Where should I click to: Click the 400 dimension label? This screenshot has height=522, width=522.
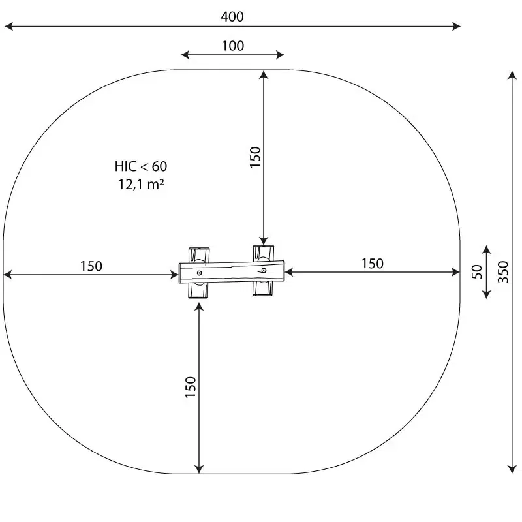tap(232, 17)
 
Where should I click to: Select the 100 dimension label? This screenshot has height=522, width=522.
tap(233, 46)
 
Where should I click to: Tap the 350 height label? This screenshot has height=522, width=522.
tap(503, 272)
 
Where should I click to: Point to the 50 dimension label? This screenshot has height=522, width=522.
tap(477, 271)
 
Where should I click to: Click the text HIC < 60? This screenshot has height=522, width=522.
tap(141, 166)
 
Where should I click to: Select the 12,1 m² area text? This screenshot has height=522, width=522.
tap(141, 184)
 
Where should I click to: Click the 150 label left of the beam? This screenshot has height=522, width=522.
tap(91, 266)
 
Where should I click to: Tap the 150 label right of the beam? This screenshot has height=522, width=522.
tap(373, 264)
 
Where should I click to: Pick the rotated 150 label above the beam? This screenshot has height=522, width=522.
tap(255, 157)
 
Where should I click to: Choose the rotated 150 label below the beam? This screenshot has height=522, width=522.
tap(191, 387)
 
